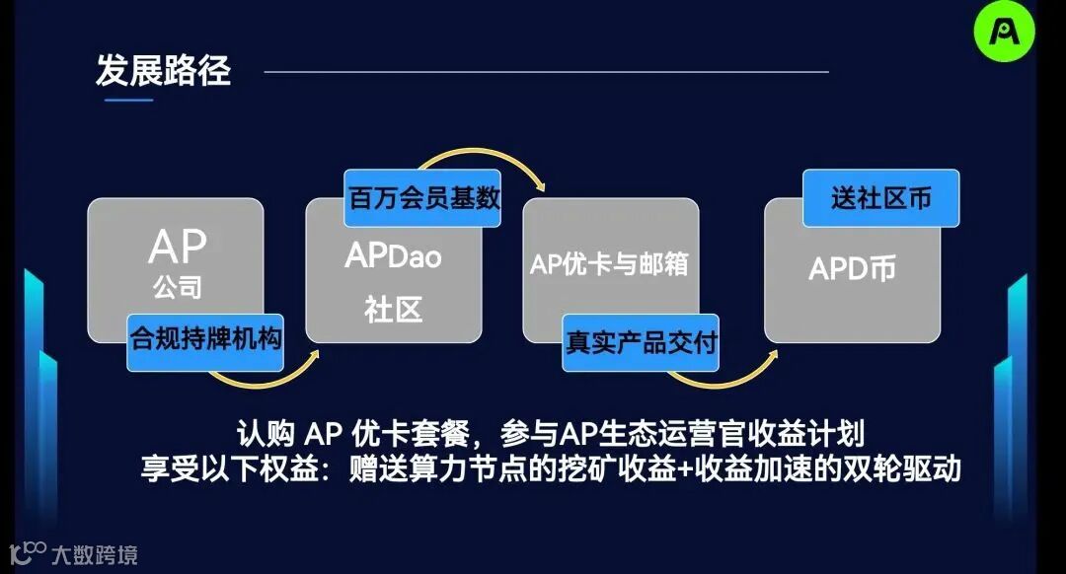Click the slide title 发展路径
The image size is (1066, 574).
(163, 71)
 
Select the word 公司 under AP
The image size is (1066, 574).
(177, 288)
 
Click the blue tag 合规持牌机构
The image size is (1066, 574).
(205, 341)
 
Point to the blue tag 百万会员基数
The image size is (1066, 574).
(422, 197)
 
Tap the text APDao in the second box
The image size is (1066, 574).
(393, 257)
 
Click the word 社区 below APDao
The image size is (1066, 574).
(393, 310)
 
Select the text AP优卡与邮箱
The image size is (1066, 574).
(608, 264)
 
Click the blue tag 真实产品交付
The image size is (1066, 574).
(641, 342)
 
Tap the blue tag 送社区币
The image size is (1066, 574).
(880, 198)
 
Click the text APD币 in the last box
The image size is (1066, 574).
(853, 269)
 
